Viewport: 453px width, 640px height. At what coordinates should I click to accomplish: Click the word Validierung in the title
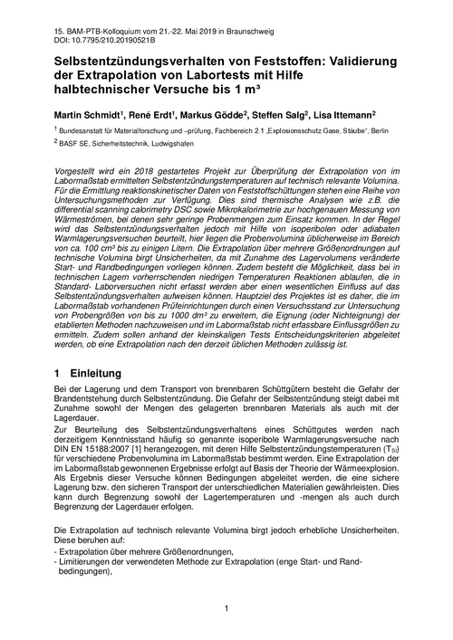[x=366, y=62]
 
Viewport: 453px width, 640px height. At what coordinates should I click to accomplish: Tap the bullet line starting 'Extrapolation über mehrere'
[x=147, y=552]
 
